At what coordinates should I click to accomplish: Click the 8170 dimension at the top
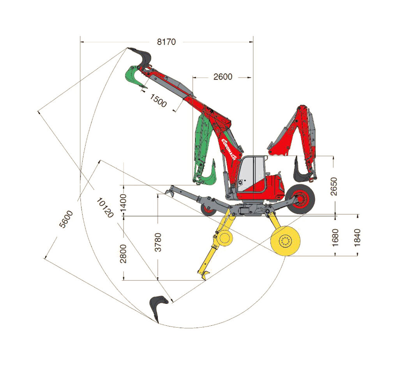point(166,42)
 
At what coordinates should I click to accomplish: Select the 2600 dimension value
point(222,77)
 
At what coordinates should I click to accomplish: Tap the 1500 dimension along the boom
point(158,100)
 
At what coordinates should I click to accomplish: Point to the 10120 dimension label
point(105,208)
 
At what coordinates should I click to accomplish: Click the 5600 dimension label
point(66,219)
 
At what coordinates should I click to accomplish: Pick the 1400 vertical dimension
point(123,202)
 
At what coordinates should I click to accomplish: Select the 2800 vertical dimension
point(123,254)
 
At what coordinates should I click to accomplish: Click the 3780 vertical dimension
point(158,242)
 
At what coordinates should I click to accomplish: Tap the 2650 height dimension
point(334,186)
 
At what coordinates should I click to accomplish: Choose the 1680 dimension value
point(335,238)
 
